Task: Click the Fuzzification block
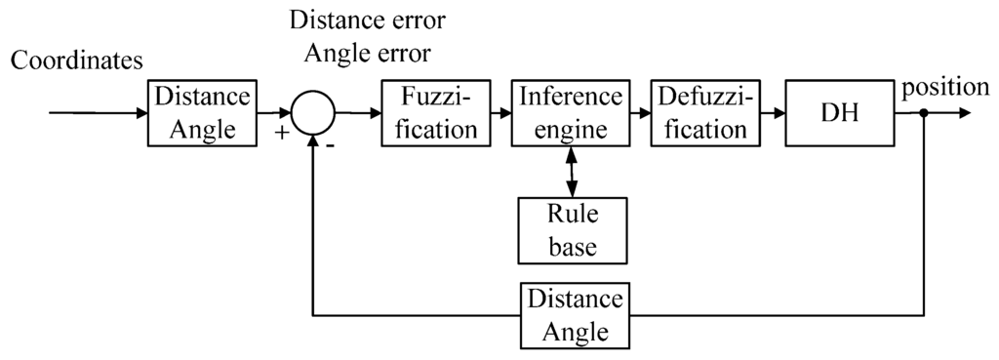point(429,113)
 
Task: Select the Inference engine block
point(571,113)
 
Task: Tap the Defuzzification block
point(702,113)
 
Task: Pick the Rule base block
point(571,229)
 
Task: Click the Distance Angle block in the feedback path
point(571,315)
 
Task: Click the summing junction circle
point(314,114)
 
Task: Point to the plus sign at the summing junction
point(283,133)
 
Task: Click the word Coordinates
point(77,60)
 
